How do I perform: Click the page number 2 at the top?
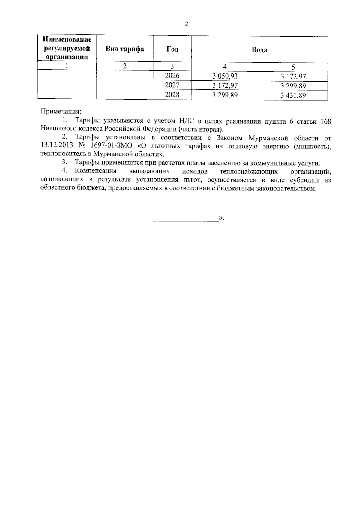187,24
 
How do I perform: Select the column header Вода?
259,50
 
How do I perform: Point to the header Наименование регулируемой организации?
67,49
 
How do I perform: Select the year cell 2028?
172,95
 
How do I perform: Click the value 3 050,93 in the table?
225,76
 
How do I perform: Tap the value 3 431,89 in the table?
293,96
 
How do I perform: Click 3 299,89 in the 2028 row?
225,96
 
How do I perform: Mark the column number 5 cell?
293,67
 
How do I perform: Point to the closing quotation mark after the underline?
221,218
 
